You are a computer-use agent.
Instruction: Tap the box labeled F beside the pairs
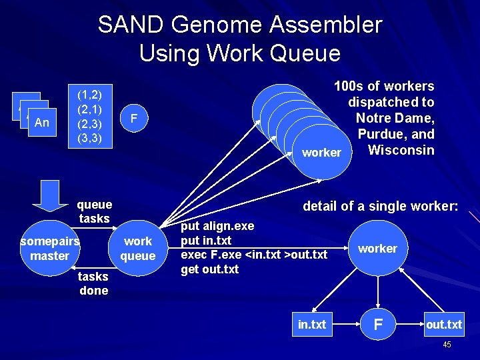tap(134, 119)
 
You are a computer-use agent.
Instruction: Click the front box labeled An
tap(41, 123)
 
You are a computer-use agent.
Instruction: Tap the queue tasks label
tap(94, 211)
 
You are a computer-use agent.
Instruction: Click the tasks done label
tap(93, 283)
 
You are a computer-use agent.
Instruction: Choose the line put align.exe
tap(217, 227)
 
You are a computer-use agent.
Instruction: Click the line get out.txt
tap(210, 269)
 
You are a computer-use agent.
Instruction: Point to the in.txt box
tap(312, 325)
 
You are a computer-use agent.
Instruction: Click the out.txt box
tap(445, 325)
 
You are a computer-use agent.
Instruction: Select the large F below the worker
tap(378, 325)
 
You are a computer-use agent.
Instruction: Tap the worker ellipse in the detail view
tap(377, 249)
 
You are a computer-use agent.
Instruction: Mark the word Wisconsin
tap(401, 150)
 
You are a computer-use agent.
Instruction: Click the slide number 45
tap(447, 345)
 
